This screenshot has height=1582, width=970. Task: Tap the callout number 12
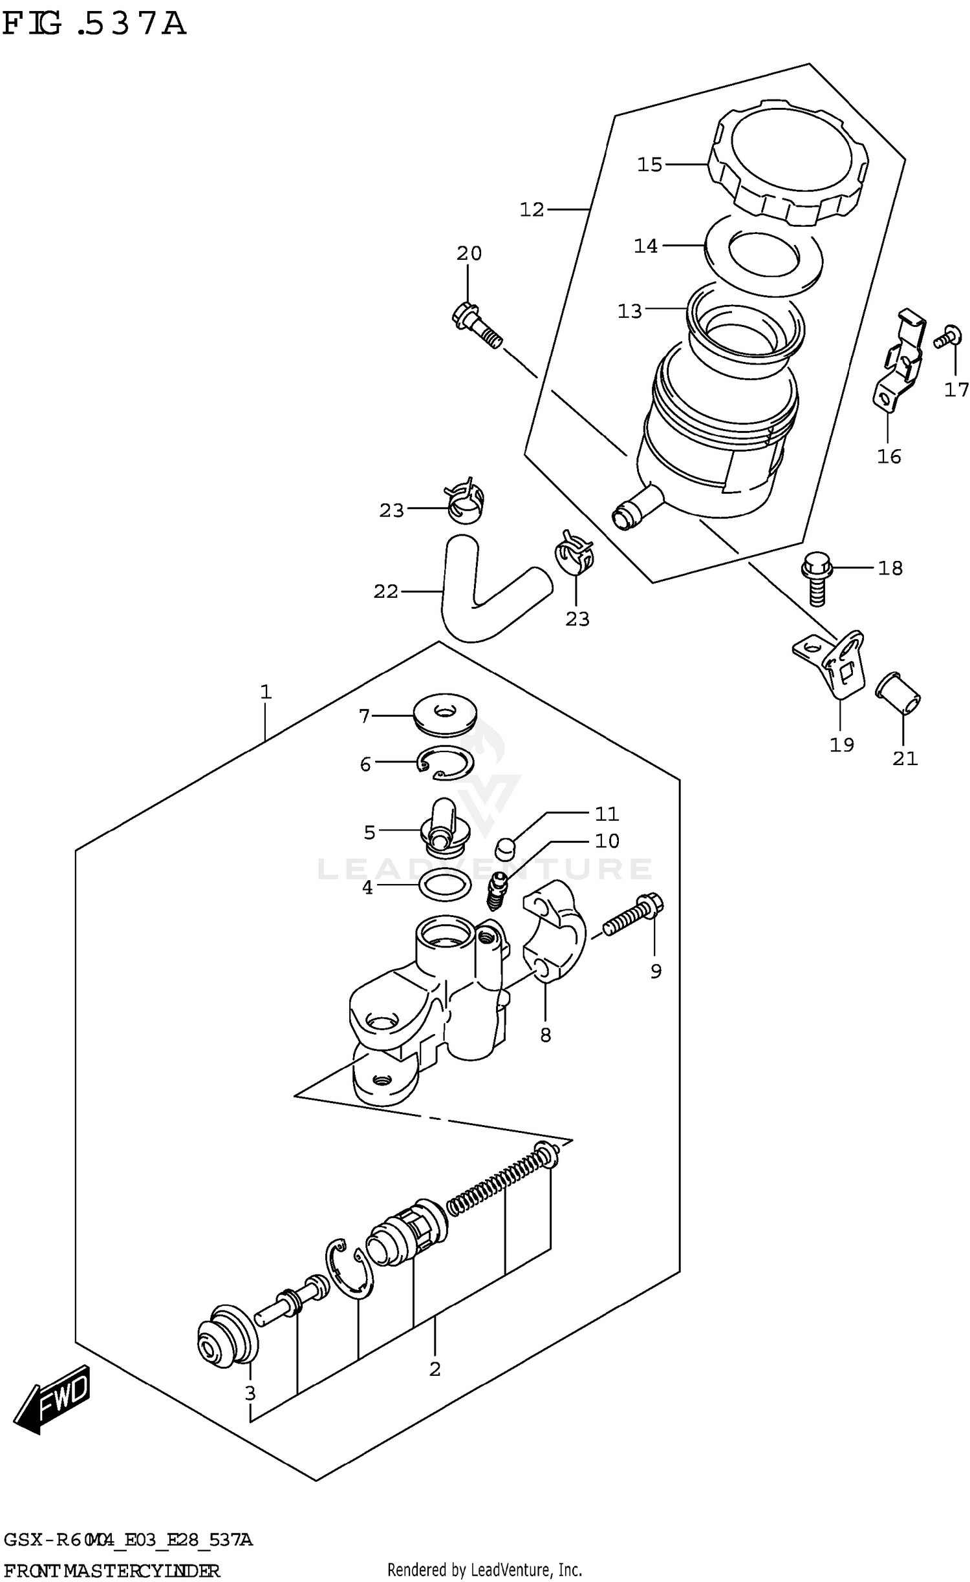[532, 209]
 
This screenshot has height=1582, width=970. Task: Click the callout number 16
[889, 457]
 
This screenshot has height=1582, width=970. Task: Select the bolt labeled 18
[815, 577]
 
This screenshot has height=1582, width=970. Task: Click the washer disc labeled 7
[445, 714]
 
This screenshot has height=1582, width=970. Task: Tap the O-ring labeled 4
[445, 885]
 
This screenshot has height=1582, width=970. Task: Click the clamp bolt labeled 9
[634, 916]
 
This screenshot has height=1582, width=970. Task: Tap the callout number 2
[435, 1369]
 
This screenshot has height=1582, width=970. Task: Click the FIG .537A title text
[94, 25]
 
